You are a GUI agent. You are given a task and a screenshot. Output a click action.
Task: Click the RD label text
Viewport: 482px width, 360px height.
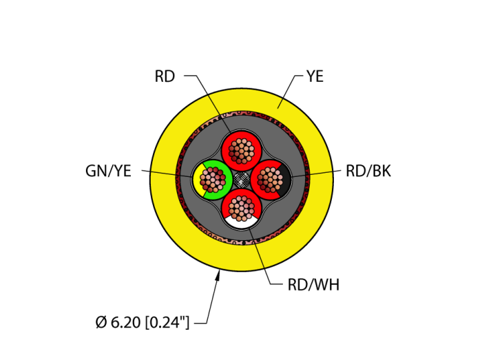[165, 76]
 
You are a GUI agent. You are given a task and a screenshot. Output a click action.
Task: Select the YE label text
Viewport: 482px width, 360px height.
[315, 76]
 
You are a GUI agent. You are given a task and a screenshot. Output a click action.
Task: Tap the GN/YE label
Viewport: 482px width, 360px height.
[108, 171]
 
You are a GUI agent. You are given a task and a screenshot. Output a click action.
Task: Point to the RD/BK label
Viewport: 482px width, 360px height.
[368, 171]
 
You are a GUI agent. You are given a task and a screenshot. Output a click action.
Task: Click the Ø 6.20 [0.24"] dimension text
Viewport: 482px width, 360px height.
[143, 321]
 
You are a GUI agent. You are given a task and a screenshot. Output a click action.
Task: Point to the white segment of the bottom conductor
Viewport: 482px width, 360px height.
[242, 221]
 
